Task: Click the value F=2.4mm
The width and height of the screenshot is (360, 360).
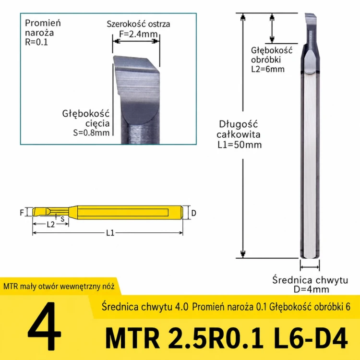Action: [x=138, y=34]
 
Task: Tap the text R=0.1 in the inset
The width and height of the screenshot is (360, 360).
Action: [x=36, y=42]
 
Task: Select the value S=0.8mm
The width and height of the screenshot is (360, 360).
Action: [x=91, y=132]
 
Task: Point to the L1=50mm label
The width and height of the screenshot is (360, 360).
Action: [x=240, y=145]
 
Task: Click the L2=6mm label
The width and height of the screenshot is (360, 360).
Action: [x=268, y=69]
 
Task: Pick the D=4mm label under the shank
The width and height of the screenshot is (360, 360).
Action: [x=312, y=289]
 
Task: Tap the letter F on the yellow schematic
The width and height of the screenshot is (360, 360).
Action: [x=22, y=213]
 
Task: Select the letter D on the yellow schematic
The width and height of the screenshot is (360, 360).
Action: [x=194, y=213]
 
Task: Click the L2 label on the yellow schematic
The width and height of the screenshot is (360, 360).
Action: [x=51, y=225]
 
